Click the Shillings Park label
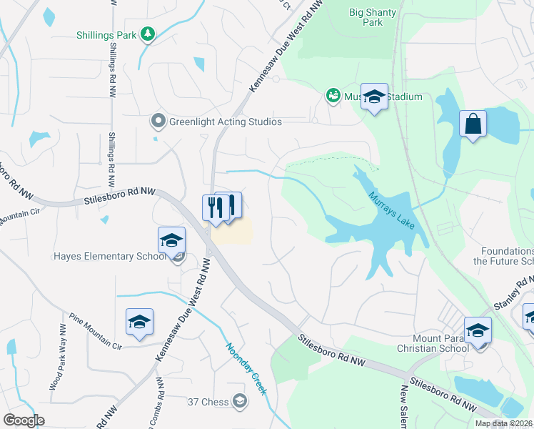pyautogui.click(x=107, y=34)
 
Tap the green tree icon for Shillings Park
pyautogui.click(x=148, y=34)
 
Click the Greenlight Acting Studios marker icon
pyautogui.click(x=158, y=122)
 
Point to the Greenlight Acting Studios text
pyautogui.click(x=225, y=122)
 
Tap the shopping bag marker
pyautogui.click(x=473, y=124)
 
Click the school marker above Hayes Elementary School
pyautogui.click(x=171, y=240)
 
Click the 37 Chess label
pyautogui.click(x=208, y=402)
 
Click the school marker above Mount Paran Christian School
pyautogui.click(x=478, y=330)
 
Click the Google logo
pyautogui.click(x=24, y=420)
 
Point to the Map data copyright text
pyautogui.click(x=503, y=423)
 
